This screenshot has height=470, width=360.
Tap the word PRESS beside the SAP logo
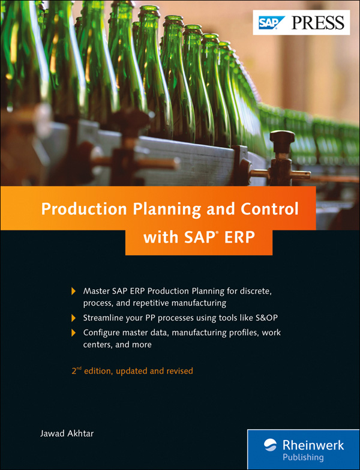point(317,23)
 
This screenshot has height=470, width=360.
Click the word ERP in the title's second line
point(239,237)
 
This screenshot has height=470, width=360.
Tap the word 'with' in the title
point(157,237)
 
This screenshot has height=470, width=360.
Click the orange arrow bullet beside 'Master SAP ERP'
point(74,291)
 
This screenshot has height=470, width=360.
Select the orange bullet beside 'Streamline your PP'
point(74,318)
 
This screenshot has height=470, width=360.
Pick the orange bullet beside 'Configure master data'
point(74,333)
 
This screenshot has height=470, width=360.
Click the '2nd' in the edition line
point(76,371)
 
